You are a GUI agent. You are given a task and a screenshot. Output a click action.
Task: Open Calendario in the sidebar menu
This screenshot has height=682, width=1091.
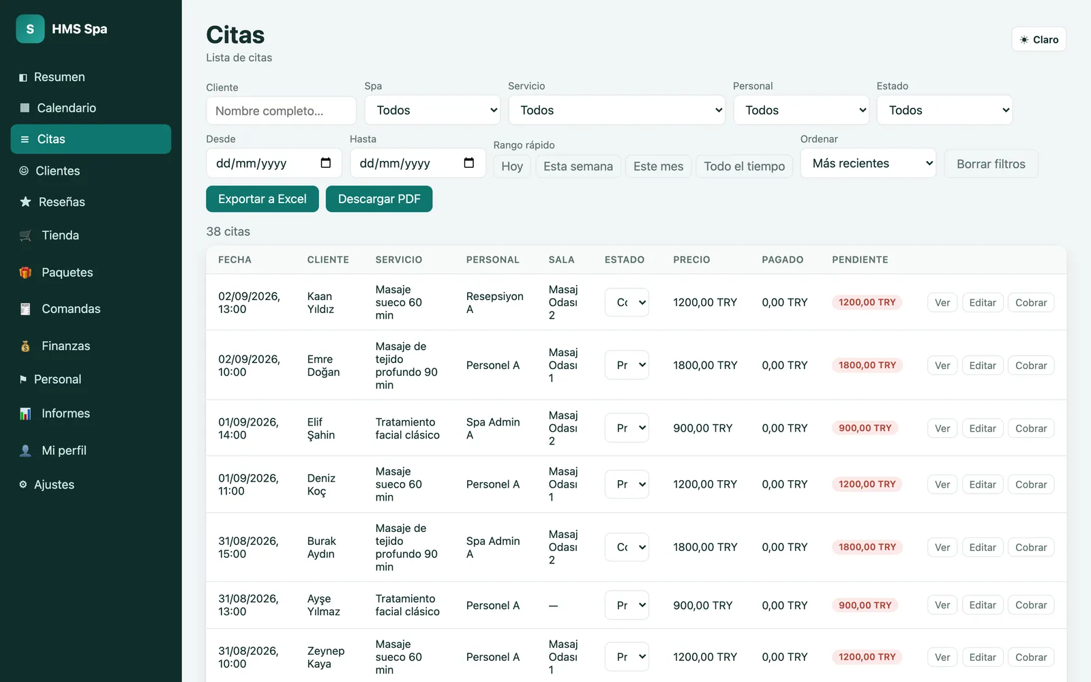[x=66, y=108]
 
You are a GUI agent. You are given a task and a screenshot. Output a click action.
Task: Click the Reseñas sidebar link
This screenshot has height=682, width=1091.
[x=61, y=202]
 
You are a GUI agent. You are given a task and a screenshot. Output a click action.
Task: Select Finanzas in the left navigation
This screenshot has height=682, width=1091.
[x=65, y=346]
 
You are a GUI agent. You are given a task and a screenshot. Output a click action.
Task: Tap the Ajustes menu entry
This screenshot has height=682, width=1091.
[x=54, y=484]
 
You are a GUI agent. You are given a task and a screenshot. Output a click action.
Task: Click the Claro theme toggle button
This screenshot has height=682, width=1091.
[x=1039, y=40]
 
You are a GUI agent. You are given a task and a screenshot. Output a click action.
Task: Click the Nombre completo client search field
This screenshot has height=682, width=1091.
[x=281, y=110]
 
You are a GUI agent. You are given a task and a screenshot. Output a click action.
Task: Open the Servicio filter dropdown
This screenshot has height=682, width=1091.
[x=616, y=110]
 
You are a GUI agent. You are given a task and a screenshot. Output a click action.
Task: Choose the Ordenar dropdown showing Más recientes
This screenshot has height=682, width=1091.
[x=868, y=163]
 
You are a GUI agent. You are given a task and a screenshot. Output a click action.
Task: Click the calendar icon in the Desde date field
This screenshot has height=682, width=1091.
[x=325, y=163]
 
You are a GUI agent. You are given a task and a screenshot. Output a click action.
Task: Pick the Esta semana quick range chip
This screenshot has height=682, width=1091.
[x=578, y=166]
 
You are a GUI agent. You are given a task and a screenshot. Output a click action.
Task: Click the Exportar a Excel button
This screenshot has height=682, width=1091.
[x=263, y=198]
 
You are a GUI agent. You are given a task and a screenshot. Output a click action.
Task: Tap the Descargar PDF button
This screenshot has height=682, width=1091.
[x=379, y=198]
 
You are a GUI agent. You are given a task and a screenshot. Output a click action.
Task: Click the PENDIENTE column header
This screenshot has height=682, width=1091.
[x=860, y=260]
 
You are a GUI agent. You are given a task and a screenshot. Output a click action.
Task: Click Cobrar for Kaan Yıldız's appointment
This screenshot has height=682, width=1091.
[x=1030, y=303]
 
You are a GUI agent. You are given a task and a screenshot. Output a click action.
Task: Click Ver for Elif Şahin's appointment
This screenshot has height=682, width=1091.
[x=942, y=428]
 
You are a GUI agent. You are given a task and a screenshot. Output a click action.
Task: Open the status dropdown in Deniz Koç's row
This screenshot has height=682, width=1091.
[x=627, y=484]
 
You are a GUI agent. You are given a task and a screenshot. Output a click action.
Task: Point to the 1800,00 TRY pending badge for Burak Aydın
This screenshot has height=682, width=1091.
[x=867, y=547]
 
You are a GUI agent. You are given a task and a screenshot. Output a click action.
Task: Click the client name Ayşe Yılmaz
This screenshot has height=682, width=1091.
[x=323, y=605]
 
